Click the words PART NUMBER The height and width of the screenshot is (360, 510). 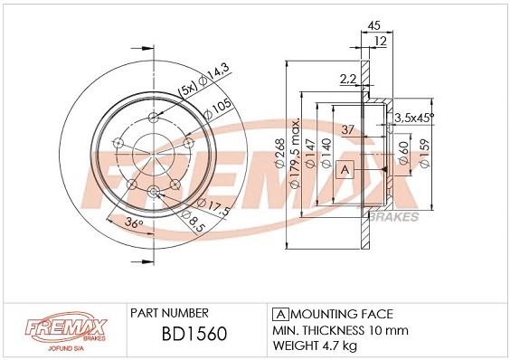(x=171, y=311)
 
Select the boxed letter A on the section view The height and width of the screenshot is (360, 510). (x=345, y=169)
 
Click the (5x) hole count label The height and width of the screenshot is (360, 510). (x=187, y=90)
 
